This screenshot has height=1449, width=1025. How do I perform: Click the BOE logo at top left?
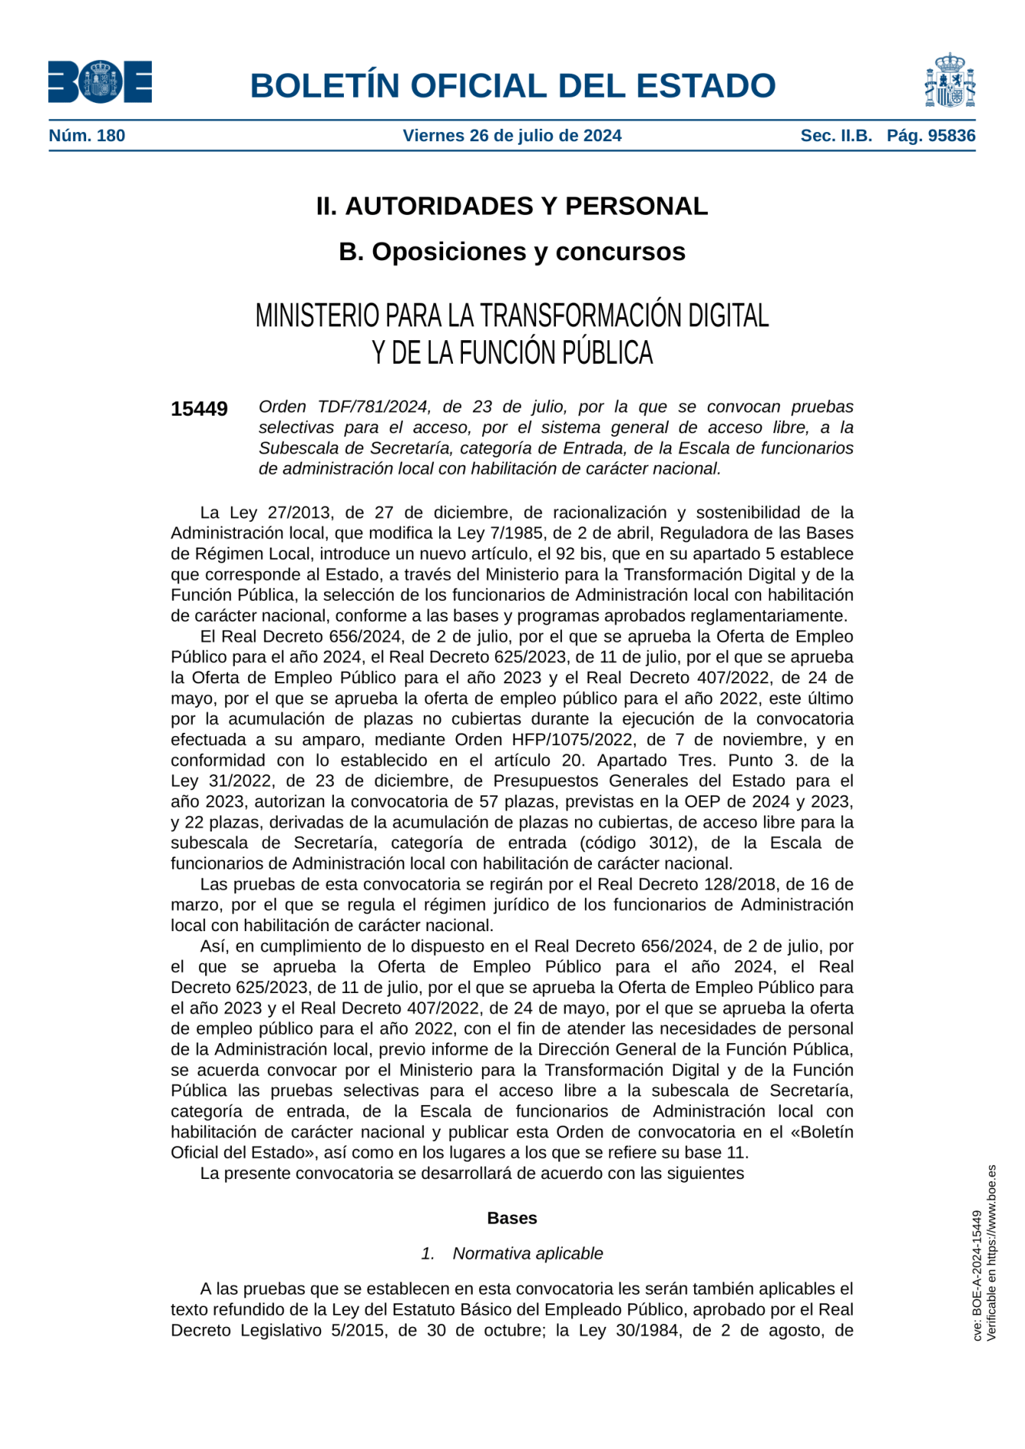click(x=100, y=82)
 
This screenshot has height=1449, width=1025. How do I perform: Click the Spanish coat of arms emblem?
click(x=949, y=81)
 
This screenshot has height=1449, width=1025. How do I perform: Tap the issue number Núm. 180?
click(x=87, y=136)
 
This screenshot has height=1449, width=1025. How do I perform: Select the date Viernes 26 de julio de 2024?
click(x=512, y=136)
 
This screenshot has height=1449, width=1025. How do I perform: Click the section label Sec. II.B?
click(x=836, y=136)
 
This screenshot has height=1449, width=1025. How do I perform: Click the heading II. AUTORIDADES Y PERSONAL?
click(x=512, y=206)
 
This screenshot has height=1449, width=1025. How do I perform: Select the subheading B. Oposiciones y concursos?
click(x=512, y=252)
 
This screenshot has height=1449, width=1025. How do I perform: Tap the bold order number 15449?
click(x=199, y=410)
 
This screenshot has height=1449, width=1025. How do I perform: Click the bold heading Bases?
click(x=512, y=1218)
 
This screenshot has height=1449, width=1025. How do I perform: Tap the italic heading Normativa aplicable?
click(x=527, y=1254)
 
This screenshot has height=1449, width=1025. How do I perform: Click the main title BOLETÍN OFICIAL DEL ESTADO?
click(x=512, y=85)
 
